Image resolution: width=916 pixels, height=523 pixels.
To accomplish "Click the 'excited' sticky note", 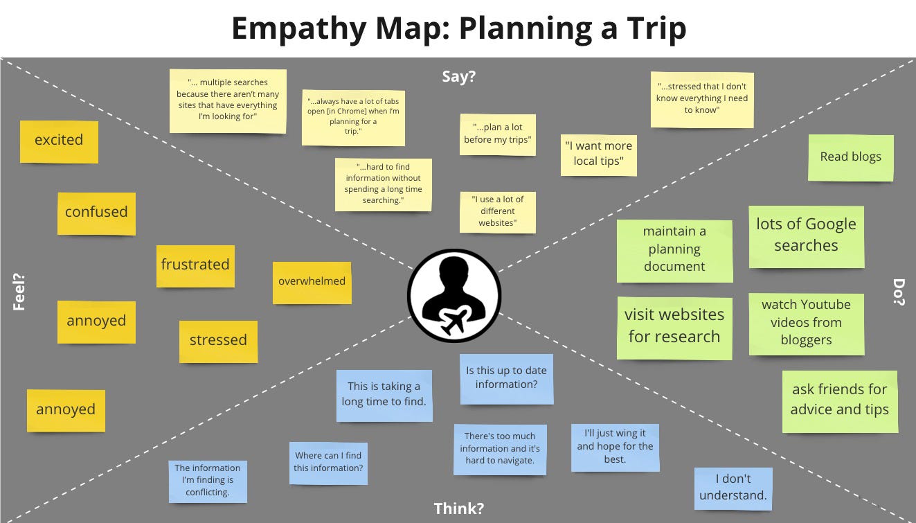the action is [x=59, y=141].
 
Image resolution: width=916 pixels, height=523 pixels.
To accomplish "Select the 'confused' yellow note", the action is [x=96, y=213].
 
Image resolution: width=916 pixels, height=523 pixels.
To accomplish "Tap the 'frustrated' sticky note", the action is [x=195, y=265].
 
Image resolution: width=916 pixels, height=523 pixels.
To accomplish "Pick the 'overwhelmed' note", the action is [x=312, y=281].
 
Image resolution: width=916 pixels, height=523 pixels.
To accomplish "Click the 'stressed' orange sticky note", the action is [x=218, y=341].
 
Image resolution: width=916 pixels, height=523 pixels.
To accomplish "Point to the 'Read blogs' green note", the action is [x=850, y=157].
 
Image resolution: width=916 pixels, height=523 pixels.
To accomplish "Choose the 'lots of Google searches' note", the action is [x=806, y=236].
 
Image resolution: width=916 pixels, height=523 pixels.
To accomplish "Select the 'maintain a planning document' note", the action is [x=674, y=250].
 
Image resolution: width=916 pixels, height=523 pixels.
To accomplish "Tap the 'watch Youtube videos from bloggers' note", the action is [x=806, y=323].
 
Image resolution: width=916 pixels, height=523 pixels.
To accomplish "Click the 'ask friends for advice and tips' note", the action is [x=839, y=400].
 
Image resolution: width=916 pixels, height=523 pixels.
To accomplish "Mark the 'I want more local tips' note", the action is [x=598, y=154].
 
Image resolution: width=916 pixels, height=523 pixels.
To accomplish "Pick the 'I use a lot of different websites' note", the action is [x=497, y=211].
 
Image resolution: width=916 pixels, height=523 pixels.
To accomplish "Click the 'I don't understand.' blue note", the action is [x=733, y=487].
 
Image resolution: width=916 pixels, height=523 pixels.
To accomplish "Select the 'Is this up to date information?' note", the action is [x=506, y=378].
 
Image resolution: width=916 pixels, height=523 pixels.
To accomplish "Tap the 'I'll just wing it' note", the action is [x=615, y=447].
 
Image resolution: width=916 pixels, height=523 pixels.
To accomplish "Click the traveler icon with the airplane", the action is [x=454, y=296].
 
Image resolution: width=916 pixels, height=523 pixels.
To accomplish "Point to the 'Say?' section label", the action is [x=458, y=77].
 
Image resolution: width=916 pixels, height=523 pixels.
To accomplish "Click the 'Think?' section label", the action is [x=458, y=509].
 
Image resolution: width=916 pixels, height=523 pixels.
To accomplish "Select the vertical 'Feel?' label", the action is [x=19, y=292].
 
